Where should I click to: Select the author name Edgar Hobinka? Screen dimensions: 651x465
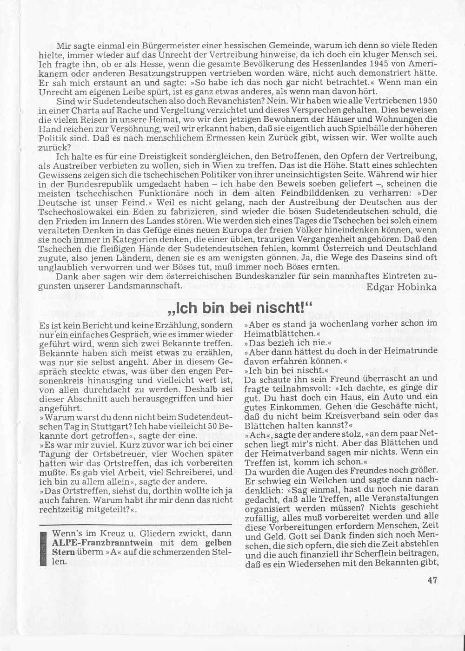click(x=401, y=287)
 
